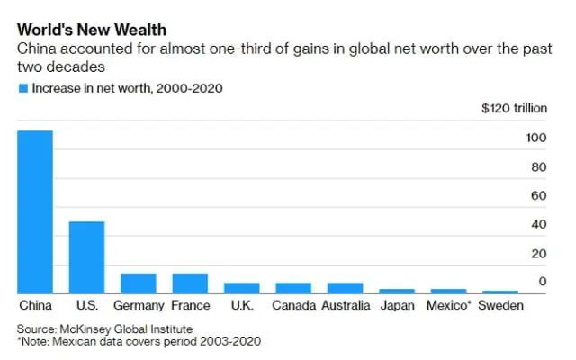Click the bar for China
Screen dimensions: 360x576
tap(35, 211)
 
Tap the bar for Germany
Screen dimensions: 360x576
tap(139, 283)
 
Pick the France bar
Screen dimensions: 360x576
tap(190, 283)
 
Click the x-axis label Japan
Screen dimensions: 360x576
tap(397, 306)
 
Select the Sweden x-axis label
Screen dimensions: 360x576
tap(499, 306)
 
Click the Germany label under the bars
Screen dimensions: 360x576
tap(139, 306)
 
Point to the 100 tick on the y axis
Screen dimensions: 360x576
tap(536, 139)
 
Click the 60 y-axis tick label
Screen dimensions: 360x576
tap(539, 196)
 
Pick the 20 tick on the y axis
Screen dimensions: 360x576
tap(539, 254)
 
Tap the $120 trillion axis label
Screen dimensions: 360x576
tap(514, 109)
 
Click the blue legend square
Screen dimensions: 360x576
tap(22, 88)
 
